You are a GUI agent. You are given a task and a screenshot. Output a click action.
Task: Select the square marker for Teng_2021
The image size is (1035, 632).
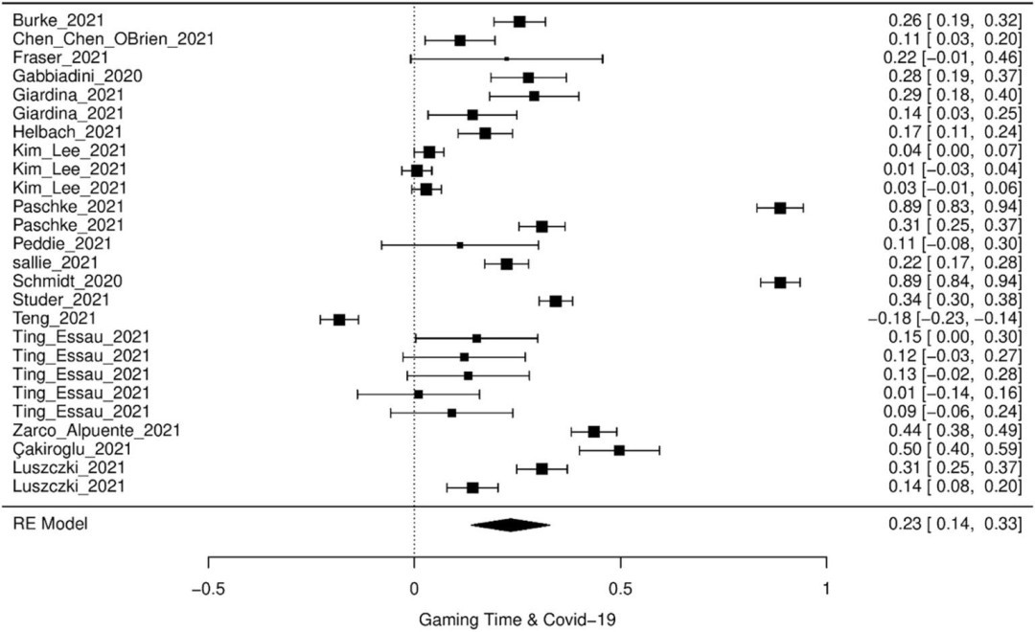click(339, 319)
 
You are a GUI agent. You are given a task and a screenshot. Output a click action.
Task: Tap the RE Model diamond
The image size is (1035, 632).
click(510, 524)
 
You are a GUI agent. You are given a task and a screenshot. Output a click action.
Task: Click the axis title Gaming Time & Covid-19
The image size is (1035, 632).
click(517, 619)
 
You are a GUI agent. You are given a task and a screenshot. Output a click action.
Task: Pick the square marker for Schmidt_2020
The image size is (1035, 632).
click(780, 282)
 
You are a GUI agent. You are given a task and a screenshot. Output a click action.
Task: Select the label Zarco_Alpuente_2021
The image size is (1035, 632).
click(82, 431)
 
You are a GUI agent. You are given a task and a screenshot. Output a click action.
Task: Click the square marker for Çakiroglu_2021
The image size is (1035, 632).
click(619, 449)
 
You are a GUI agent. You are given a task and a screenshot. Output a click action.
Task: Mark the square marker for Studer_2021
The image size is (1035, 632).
click(556, 301)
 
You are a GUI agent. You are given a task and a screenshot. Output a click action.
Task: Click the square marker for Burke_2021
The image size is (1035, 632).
click(519, 20)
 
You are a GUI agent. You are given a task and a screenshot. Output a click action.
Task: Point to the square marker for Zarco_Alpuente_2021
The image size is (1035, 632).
click(594, 431)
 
